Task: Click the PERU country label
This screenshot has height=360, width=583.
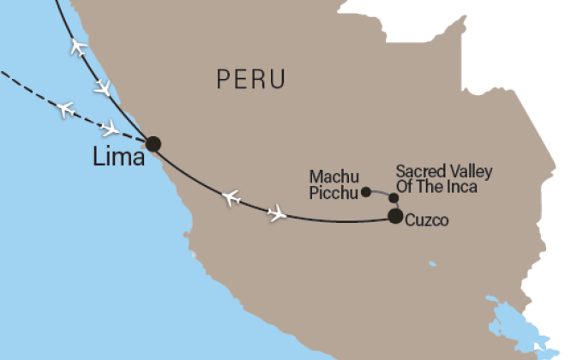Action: tap(250, 80)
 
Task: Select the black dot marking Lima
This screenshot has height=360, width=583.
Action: tap(153, 143)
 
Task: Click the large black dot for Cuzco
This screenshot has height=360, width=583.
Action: tap(394, 216)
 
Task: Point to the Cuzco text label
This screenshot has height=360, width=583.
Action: tap(428, 220)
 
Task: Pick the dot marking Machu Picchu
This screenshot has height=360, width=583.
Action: tap(366, 191)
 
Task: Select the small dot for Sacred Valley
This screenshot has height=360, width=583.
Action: tap(394, 199)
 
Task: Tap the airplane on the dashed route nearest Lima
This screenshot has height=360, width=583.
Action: tap(110, 129)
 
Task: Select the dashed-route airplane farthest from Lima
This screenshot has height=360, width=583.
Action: tap(64, 109)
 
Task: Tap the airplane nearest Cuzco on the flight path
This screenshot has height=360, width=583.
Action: tap(277, 213)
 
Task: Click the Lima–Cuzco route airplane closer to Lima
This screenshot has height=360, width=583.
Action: tap(230, 198)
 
